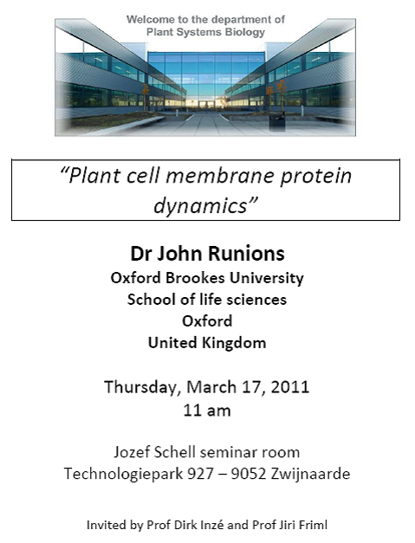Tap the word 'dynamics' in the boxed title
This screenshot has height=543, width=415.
pos(201,206)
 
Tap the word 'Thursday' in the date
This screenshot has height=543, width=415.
pos(142,387)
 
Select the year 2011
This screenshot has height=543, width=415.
pos(290,387)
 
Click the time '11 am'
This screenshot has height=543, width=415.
pos(207,410)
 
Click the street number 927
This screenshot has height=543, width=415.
pos(201,474)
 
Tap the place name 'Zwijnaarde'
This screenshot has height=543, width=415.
pos(310,474)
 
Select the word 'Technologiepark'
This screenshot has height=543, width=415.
pos(123,474)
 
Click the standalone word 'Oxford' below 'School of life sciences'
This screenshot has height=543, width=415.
pos(207,321)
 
